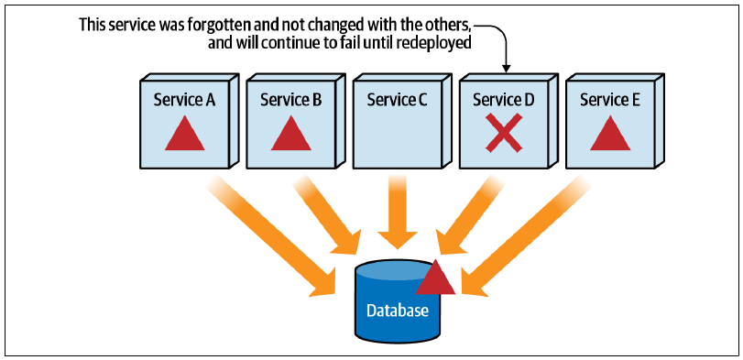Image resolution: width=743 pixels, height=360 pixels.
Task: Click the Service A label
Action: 184,100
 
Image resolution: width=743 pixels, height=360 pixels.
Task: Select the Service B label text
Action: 291,100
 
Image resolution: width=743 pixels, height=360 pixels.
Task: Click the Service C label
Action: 398,100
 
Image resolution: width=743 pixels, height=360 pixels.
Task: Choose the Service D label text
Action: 504,100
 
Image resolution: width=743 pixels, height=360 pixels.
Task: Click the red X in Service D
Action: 504,133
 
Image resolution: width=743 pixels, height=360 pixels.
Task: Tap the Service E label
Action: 610,100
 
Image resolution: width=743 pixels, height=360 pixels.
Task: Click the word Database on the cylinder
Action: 398,311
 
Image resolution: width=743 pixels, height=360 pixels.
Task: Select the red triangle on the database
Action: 435,278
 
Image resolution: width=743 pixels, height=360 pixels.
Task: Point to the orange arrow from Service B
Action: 326,215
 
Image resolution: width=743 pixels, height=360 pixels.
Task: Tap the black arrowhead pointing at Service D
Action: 507,68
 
